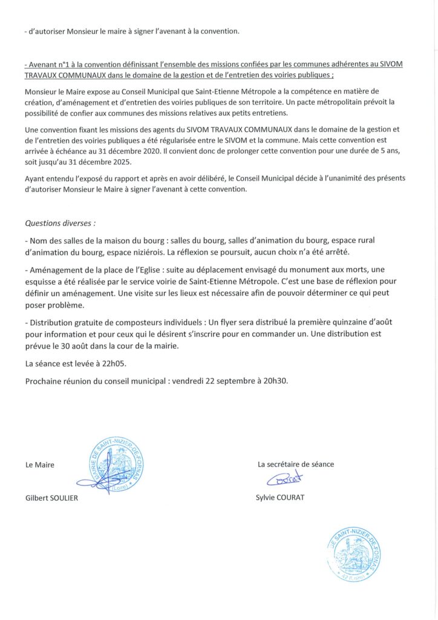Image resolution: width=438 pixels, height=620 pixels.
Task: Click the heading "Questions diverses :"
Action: tap(60, 222)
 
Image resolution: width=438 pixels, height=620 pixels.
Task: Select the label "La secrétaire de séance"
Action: tap(296, 464)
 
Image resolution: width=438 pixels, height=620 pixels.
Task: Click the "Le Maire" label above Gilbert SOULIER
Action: tap(40, 465)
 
